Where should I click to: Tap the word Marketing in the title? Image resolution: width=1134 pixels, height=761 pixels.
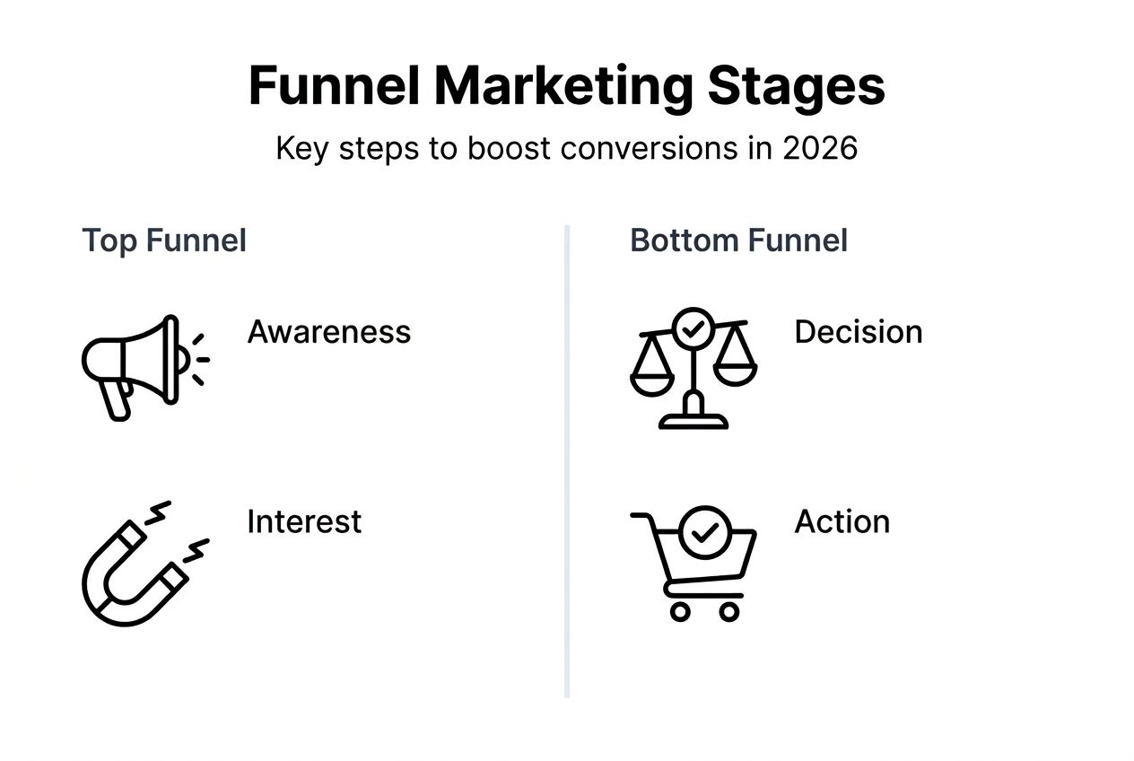[x=563, y=87]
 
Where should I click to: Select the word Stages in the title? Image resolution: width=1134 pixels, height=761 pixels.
[x=797, y=87]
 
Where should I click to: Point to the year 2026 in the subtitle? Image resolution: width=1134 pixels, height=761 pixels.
[x=820, y=148]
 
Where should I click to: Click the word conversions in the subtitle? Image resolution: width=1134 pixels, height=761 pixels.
[x=642, y=148]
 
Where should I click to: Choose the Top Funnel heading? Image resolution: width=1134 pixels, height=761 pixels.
[x=164, y=241]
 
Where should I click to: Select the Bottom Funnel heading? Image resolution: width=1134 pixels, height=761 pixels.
[x=738, y=241]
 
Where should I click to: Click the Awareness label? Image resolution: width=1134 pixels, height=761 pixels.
[x=328, y=332]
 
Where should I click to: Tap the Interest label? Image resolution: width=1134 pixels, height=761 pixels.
[x=304, y=521]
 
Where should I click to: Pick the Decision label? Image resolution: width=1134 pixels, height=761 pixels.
[x=858, y=332]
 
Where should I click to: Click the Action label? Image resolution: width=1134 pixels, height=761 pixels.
[x=842, y=521]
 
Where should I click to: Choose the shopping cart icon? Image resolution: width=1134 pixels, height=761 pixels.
[x=695, y=561]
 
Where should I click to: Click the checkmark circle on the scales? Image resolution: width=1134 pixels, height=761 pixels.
[x=693, y=329]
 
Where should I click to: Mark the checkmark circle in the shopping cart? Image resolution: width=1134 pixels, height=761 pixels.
[x=705, y=532]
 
